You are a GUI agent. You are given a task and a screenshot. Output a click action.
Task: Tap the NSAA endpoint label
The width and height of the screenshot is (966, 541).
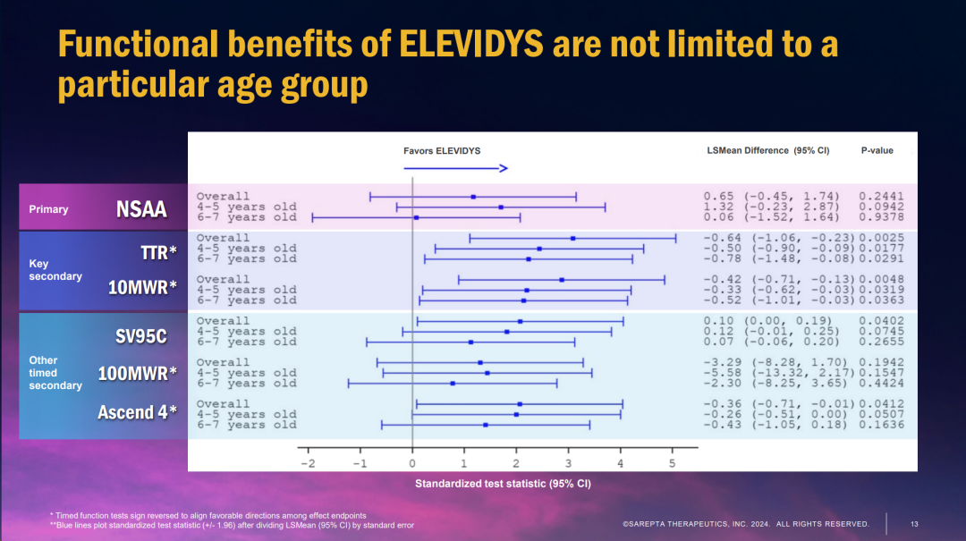coord(141,208)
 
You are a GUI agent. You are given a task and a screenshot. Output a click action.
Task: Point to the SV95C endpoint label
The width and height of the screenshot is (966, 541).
coord(141,337)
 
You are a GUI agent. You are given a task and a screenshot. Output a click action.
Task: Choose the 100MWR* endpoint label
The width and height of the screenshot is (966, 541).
coord(138,374)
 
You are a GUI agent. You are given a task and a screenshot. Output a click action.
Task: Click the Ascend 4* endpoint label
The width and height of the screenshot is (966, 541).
coord(137,412)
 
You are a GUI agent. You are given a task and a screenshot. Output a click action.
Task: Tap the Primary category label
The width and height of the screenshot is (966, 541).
coord(48,209)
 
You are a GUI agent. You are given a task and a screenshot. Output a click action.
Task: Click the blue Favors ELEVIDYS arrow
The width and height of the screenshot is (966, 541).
coord(455,168)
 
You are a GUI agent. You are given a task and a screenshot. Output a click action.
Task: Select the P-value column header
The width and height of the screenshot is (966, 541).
coord(877,150)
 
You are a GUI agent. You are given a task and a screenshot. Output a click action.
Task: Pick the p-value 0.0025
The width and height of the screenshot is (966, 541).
coord(881,238)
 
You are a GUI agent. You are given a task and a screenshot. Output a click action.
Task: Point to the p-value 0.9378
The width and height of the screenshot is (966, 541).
coord(881,217)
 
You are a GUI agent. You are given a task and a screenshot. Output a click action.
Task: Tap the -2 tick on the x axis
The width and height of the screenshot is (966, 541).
coord(308,464)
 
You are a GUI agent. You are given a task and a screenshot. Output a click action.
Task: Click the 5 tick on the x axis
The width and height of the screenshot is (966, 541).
coord(672,464)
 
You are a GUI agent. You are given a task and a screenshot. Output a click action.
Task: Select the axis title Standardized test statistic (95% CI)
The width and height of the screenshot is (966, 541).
coord(503,484)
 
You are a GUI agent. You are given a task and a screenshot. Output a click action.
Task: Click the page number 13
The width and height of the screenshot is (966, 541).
coord(914,523)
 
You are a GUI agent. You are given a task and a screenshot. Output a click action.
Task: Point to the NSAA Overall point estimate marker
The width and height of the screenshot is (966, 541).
coord(473,197)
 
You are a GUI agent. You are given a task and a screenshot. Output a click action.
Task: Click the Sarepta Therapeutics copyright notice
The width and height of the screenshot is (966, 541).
coord(745,523)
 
